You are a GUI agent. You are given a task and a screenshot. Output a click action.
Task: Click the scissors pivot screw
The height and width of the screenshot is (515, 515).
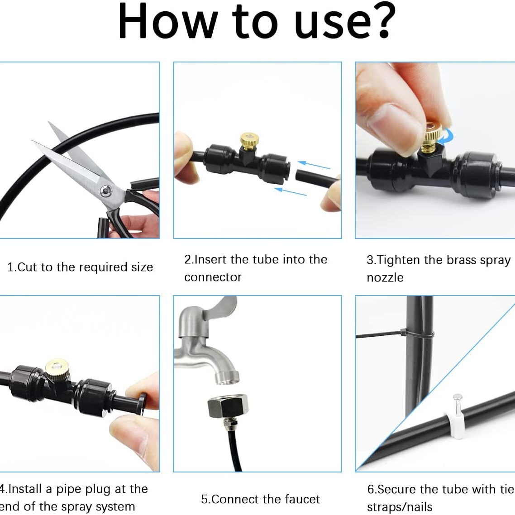coord(105,191)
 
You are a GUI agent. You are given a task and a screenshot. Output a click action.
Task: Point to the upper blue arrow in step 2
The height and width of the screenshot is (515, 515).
coord(314,165)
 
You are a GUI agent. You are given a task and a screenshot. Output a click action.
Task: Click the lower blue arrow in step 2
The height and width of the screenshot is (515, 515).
coord(290,192)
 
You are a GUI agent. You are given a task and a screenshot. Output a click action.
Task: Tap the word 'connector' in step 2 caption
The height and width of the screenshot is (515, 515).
coord(213,277)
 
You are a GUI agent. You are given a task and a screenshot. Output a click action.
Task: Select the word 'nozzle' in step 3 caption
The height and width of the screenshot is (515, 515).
coord(385,277)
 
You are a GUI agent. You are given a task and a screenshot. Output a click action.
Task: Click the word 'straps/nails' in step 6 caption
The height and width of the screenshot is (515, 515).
coord(400,507)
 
